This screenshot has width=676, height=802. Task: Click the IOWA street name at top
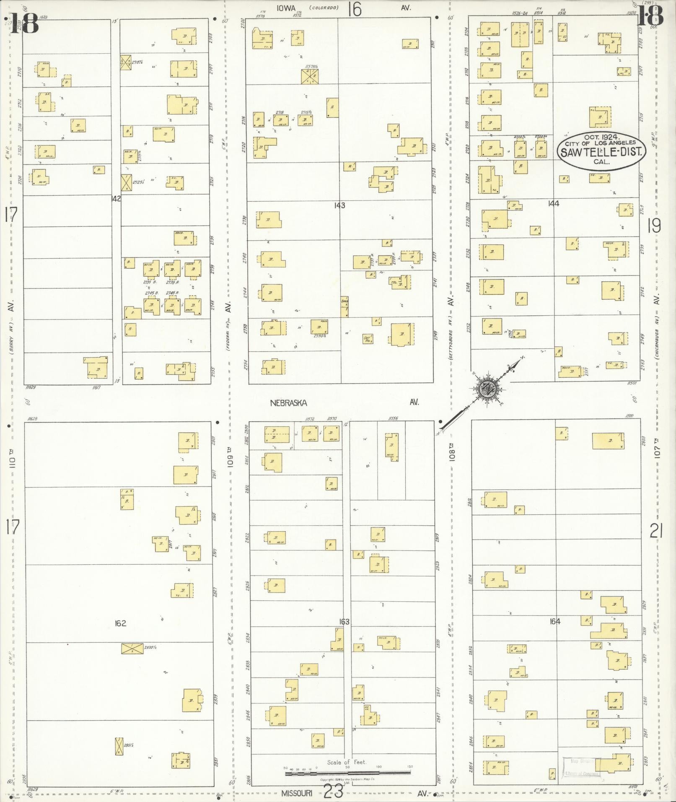point(287,8)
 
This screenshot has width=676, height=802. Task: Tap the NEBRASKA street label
point(288,403)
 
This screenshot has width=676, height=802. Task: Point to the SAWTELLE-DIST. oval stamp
point(600,150)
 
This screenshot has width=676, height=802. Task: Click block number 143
point(339,205)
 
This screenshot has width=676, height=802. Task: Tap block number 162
point(120,623)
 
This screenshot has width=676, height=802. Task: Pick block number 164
point(555,621)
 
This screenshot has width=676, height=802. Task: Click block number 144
point(554,203)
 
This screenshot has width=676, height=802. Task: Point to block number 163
point(344,622)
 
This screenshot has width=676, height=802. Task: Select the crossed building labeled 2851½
point(119,746)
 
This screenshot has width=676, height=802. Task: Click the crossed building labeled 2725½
point(126,182)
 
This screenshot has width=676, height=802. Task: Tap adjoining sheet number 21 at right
point(656,532)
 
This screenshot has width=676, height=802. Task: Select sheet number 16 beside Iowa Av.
point(354,9)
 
